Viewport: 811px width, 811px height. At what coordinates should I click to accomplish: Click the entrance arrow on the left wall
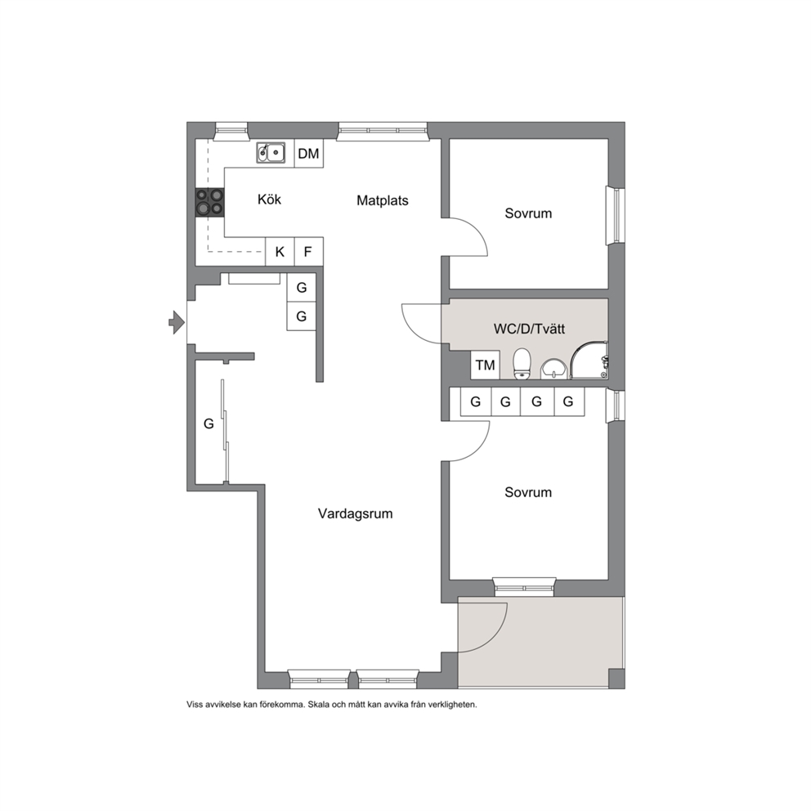click(177, 323)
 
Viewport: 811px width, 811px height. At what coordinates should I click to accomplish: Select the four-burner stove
click(209, 202)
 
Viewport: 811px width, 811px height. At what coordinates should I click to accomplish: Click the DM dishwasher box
click(309, 153)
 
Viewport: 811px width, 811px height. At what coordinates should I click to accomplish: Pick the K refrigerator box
click(280, 252)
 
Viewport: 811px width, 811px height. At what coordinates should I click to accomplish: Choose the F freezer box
click(308, 252)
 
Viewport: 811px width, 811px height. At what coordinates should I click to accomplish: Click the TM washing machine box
click(485, 365)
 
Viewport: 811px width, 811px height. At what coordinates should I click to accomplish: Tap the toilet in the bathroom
click(522, 364)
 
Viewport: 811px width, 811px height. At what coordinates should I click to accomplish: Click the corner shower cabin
click(589, 360)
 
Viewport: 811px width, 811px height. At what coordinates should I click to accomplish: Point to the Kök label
click(270, 199)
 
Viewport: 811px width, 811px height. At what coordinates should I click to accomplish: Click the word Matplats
click(383, 200)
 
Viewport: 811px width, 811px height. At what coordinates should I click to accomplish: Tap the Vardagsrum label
click(356, 513)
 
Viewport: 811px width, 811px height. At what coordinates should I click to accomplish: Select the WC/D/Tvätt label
click(529, 329)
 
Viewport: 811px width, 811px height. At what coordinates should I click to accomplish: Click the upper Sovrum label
click(528, 213)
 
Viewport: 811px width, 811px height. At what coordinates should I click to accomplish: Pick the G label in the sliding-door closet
click(208, 423)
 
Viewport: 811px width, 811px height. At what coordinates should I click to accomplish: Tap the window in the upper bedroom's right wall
click(616, 215)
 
